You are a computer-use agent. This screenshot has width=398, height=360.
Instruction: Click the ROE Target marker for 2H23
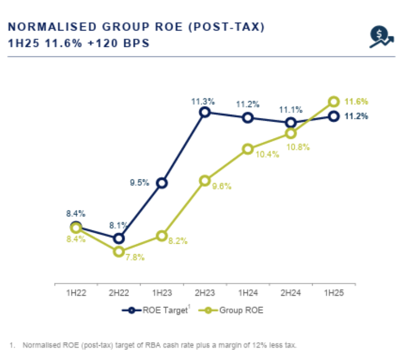[x=205, y=112]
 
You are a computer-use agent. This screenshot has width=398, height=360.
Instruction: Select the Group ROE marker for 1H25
[x=334, y=102]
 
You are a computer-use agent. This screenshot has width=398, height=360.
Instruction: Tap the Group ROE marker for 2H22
[x=120, y=252]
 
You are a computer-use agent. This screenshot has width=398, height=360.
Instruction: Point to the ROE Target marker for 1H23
[x=162, y=183]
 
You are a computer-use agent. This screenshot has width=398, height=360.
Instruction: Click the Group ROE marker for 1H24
[x=248, y=149]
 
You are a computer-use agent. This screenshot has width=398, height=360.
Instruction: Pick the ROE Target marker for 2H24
[x=291, y=123]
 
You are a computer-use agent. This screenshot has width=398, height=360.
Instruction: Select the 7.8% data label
[x=134, y=257]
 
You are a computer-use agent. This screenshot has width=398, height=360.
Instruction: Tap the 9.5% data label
[x=140, y=183]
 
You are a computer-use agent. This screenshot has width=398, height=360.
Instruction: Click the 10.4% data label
[x=263, y=154]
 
